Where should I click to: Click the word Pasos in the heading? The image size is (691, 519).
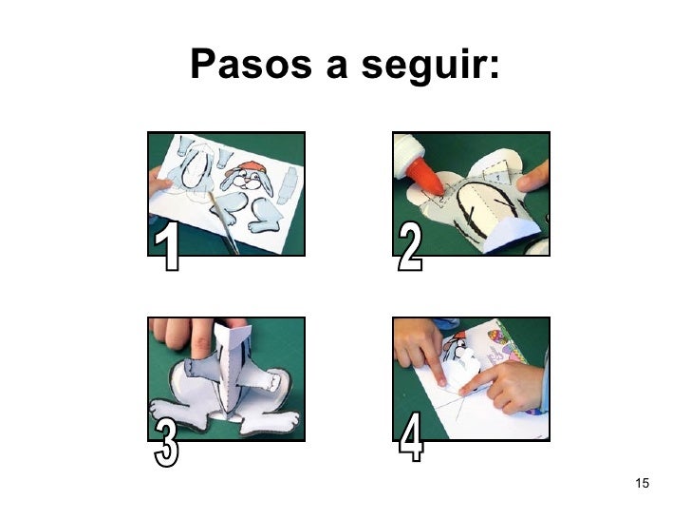tap(251, 64)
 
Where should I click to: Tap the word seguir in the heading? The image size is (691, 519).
tap(422, 67)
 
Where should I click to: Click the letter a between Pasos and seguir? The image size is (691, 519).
tap(337, 67)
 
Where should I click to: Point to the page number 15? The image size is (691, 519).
tap(642, 483)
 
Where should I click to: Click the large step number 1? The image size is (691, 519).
tap(167, 245)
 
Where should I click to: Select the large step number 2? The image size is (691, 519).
tap(410, 245)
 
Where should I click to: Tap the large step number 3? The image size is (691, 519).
tap(167, 443)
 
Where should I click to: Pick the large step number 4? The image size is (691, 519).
tap(411, 437)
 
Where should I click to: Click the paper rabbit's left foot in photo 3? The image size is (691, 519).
tap(178, 413)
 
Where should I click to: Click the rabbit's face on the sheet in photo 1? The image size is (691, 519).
tap(248, 180)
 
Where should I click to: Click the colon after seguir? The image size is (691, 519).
tap(494, 67)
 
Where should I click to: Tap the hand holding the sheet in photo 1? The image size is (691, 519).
tap(158, 182)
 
